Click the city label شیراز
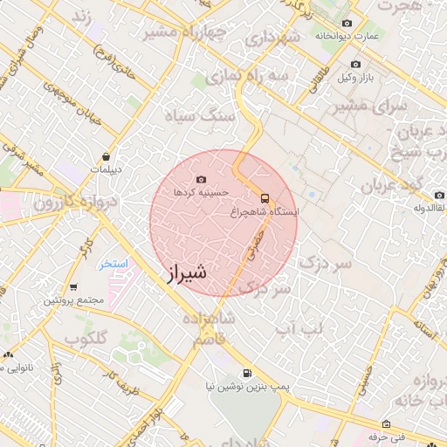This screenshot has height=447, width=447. click(186, 274)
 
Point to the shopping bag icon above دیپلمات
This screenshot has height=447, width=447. click(106, 156)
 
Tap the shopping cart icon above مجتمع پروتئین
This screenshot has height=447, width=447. click(73, 286)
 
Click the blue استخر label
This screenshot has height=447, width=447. click(113, 263)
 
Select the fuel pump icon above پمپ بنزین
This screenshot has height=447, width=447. click(247, 372)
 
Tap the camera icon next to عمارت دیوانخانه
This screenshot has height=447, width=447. click(347, 23)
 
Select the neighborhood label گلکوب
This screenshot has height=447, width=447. click(86, 337)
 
